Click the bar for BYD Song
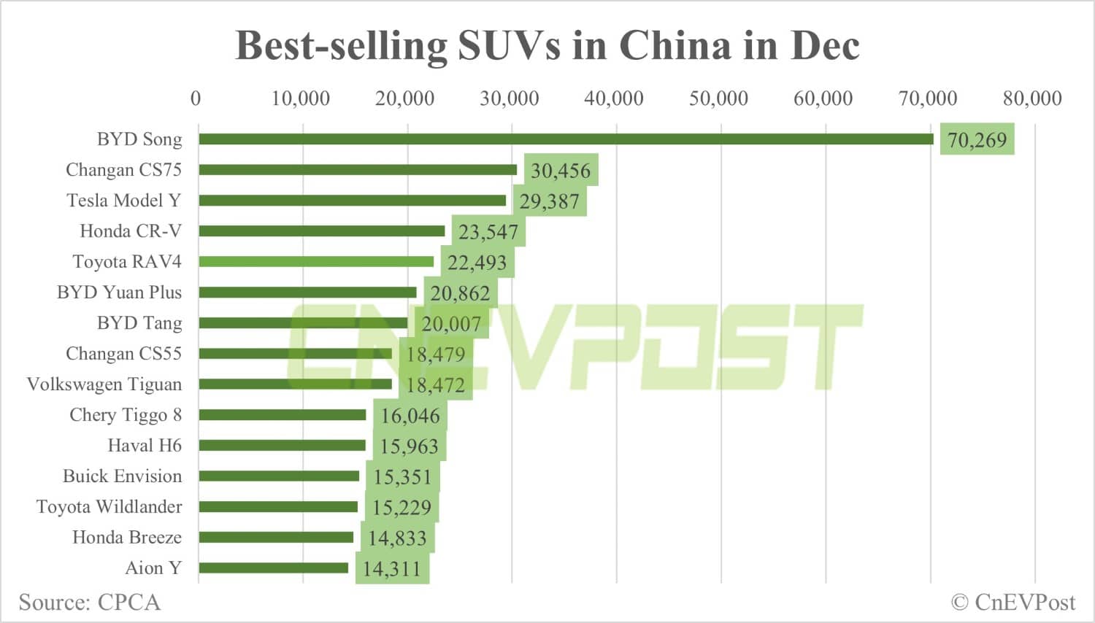(566, 139)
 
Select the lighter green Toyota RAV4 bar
(316, 261)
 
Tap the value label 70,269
(977, 139)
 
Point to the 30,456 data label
(561, 170)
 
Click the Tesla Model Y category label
(123, 200)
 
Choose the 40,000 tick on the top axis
(613, 98)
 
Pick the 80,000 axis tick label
(1031, 98)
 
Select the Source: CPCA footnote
(89, 602)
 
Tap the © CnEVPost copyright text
(1013, 602)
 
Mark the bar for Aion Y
(274, 568)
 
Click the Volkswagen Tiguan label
(104, 384)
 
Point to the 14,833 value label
(397, 538)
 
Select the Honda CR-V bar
(321, 231)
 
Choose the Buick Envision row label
(122, 476)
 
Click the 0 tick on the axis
(196, 98)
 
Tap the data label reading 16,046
(410, 415)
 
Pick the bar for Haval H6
(282, 445)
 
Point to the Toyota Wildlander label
(109, 506)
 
